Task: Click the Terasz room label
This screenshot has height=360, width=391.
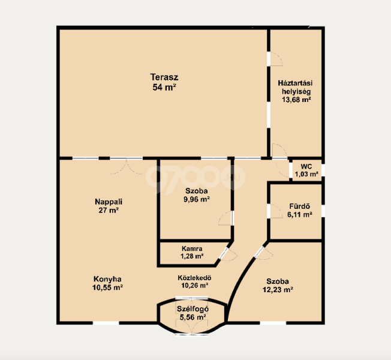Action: tap(164, 77)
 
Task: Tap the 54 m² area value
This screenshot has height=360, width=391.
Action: tap(164, 88)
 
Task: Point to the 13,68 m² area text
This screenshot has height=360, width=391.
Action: tap(296, 100)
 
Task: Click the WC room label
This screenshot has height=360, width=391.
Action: tap(306, 167)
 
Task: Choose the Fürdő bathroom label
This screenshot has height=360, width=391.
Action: tap(300, 206)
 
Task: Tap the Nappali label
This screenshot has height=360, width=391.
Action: tap(109, 202)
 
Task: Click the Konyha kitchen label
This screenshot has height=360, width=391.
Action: tap(107, 279)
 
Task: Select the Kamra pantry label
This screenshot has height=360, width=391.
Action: tap(192, 248)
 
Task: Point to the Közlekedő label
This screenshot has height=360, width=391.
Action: tap(194, 278)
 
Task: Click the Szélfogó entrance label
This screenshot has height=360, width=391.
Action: tap(193, 309)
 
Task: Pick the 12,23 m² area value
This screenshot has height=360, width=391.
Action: tap(278, 290)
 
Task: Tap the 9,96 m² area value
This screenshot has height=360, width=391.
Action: tap(197, 199)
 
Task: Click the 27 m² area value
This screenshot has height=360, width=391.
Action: tap(109, 210)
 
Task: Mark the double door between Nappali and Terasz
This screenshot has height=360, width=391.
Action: tap(127, 166)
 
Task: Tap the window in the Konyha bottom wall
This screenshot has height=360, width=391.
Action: tap(106, 323)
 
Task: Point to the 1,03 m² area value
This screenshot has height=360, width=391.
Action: tap(306, 174)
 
